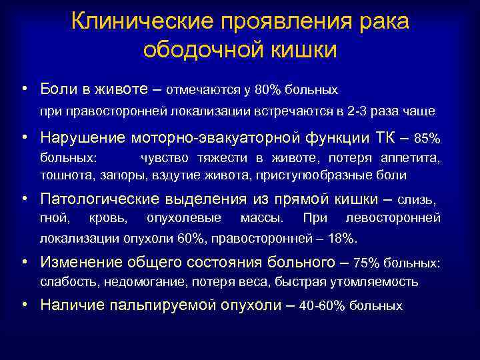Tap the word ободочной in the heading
click(x=194, y=50)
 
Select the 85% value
click(x=427, y=139)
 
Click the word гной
click(x=53, y=218)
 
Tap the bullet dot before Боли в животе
click(x=24, y=87)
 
